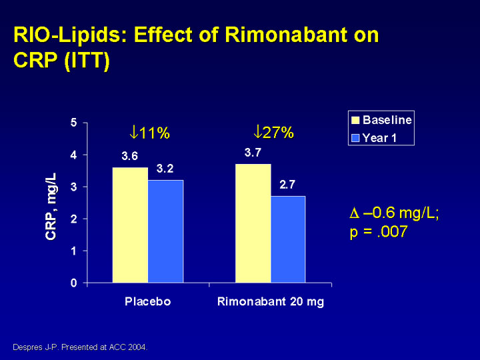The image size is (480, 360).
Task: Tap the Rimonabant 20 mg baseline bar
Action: coord(253,223)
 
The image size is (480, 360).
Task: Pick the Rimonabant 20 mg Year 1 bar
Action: coord(288,239)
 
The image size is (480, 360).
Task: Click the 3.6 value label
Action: coord(130,157)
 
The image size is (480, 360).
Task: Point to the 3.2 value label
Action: coord(165,169)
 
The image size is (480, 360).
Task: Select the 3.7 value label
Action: coord(253,153)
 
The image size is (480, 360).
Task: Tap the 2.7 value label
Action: coord(288,185)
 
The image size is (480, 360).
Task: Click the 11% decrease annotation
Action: coord(150,133)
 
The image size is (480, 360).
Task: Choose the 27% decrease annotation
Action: coord(273,132)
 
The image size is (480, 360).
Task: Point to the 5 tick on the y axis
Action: coord(73,123)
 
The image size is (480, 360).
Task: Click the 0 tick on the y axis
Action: coord(73,283)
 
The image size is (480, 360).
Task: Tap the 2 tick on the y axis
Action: coord(73,219)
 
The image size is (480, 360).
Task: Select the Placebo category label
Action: coord(148,301)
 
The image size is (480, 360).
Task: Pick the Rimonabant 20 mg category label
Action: coord(271,301)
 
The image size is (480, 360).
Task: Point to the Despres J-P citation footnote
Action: coord(80,347)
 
